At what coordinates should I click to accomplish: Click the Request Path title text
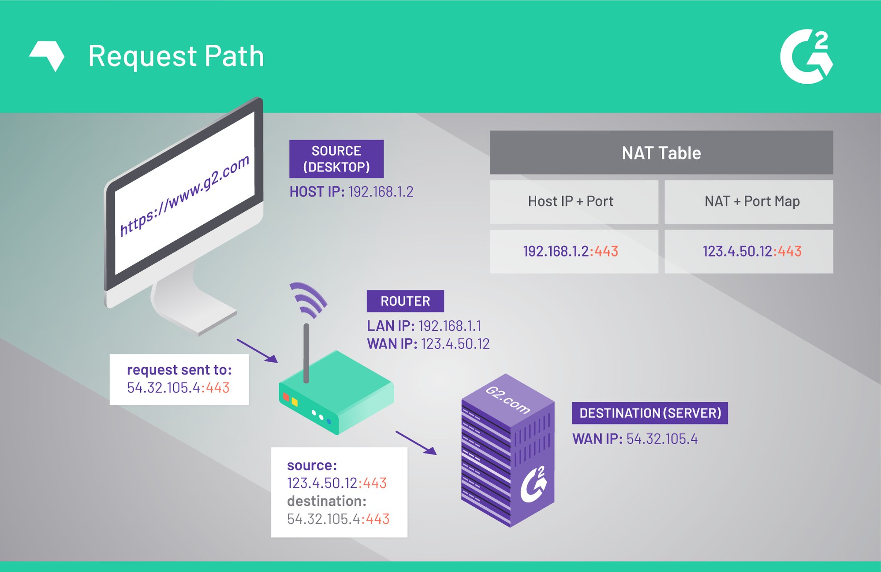click(x=176, y=56)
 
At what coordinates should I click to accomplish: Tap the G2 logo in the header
click(x=806, y=56)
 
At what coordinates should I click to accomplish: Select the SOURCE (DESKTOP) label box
click(x=336, y=159)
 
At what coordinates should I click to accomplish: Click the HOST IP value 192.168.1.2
click(x=381, y=192)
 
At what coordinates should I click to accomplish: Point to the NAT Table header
click(x=661, y=153)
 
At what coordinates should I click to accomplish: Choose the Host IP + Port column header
click(x=571, y=201)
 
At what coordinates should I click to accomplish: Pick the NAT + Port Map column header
click(x=752, y=201)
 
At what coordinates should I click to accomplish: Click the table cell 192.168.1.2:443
click(x=571, y=251)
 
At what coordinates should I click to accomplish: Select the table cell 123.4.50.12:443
click(x=752, y=251)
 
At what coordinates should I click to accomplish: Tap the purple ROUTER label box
click(x=405, y=301)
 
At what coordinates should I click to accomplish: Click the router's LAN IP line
click(x=424, y=326)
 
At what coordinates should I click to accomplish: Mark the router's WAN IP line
click(x=428, y=344)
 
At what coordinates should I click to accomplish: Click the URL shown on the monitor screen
click(x=185, y=196)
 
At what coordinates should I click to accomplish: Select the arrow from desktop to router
click(x=257, y=351)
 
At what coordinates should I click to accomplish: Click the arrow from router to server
click(x=416, y=442)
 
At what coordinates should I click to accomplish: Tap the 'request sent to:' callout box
click(x=179, y=379)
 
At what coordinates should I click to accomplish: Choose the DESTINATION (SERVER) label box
click(x=650, y=413)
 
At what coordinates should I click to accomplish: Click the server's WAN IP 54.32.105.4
click(x=662, y=439)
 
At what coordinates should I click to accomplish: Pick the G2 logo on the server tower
click(x=534, y=484)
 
